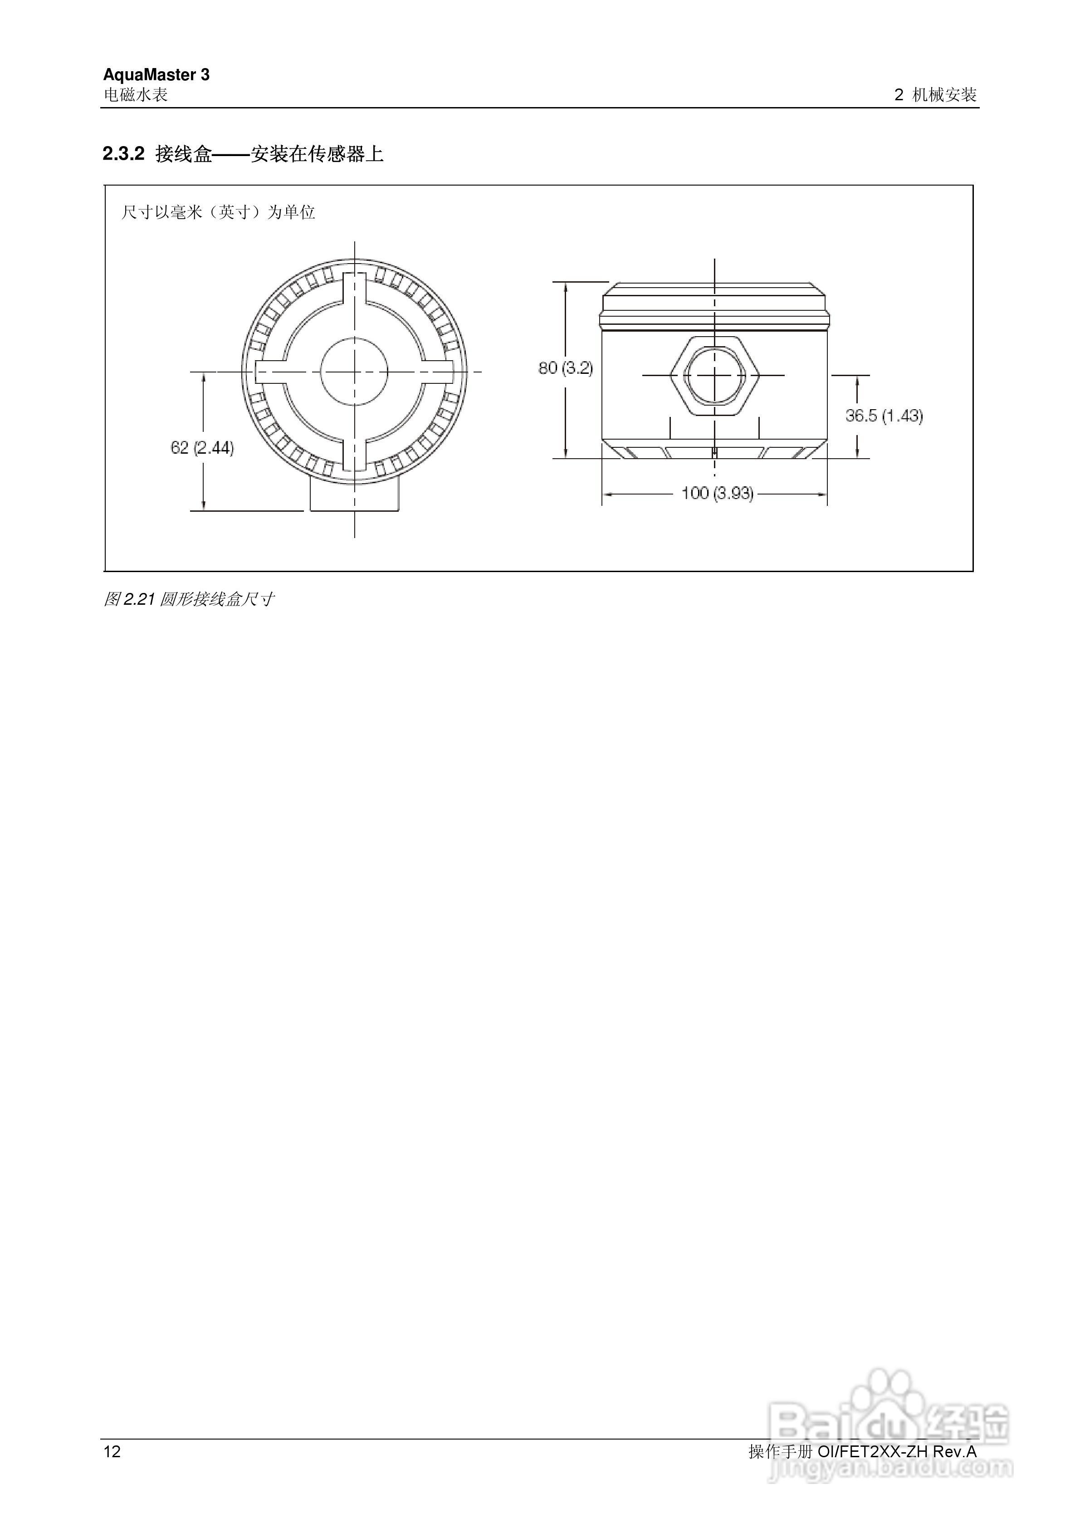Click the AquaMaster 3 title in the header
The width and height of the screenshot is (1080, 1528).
(x=156, y=74)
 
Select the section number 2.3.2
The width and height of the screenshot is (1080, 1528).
(x=123, y=154)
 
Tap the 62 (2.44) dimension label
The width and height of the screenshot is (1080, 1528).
(x=202, y=448)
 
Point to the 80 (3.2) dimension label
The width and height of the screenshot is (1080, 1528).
(x=565, y=368)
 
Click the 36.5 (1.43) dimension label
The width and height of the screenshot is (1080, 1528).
(x=884, y=416)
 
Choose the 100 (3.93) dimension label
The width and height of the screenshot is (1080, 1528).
(x=717, y=494)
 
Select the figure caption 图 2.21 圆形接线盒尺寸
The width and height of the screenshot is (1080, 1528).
(x=188, y=600)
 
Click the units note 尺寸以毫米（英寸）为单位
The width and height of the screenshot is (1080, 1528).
(x=218, y=212)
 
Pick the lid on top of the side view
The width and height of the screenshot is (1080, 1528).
(x=715, y=305)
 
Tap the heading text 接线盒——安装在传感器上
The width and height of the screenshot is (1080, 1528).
(x=269, y=154)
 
